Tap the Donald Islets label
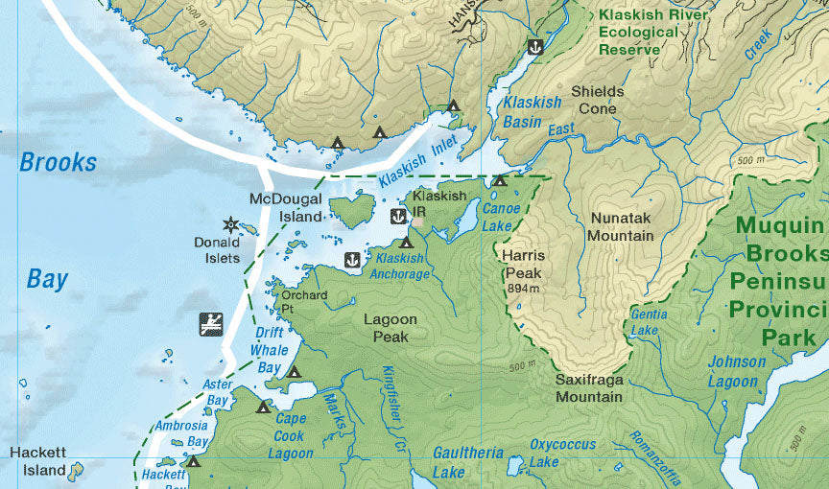coord(217,250)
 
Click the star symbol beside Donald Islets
coord(230,224)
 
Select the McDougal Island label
coord(287,208)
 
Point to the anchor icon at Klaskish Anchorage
coord(352,260)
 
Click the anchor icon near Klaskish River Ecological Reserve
coord(535,46)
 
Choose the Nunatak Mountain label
coord(622,226)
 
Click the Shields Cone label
coord(597,100)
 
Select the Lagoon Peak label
coord(391,328)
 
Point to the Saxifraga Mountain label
coord(589,387)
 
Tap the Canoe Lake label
coord(501,217)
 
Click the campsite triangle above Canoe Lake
coord(499,180)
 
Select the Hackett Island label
coord(37,460)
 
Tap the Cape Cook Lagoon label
coord(290,435)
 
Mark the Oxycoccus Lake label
coord(562,454)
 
